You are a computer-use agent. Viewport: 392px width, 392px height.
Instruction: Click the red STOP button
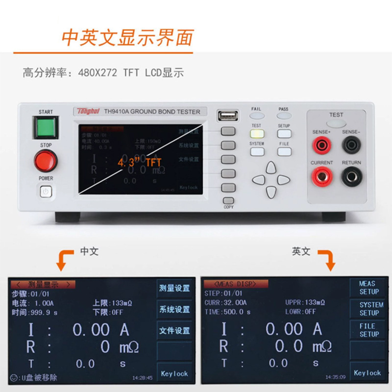[46, 161]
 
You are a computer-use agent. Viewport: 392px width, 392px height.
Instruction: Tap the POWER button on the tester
[46, 192]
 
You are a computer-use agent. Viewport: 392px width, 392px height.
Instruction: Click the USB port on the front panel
[227, 116]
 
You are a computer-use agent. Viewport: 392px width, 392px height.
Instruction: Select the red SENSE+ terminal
[321, 145]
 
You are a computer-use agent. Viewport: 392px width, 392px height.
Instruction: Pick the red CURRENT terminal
[321, 176]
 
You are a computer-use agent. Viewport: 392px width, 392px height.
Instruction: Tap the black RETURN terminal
[351, 176]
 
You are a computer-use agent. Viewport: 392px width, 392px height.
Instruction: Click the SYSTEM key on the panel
[257, 151]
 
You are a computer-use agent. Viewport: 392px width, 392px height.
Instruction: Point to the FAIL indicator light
[257, 116]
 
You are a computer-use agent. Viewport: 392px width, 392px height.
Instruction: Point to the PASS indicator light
[284, 116]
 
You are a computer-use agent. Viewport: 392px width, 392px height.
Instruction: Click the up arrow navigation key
[271, 168]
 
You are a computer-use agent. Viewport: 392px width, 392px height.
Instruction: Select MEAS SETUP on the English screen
[368, 288]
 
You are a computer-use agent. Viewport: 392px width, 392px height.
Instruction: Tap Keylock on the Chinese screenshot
[174, 373]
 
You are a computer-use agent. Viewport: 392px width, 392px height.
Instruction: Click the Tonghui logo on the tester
[87, 111]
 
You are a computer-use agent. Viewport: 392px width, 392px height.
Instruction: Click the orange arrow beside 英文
[327, 259]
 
